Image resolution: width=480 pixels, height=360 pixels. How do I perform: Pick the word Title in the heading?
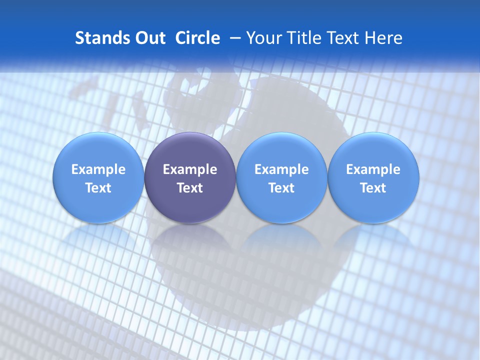click(301, 38)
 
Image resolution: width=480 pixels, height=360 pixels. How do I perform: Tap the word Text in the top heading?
click(339, 38)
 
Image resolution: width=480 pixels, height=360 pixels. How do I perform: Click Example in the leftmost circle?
click(98, 169)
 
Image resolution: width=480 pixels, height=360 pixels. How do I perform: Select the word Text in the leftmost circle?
click(98, 188)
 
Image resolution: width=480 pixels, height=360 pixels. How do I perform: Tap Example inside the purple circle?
click(190, 169)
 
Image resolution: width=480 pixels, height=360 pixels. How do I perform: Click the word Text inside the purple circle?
click(190, 188)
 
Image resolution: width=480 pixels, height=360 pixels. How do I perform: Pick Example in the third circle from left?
click(281, 169)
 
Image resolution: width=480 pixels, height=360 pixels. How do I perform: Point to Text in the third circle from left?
click(281, 188)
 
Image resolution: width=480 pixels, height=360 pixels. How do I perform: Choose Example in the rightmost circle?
click(373, 169)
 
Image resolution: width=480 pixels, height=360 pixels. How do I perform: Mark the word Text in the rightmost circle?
click(373, 188)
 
